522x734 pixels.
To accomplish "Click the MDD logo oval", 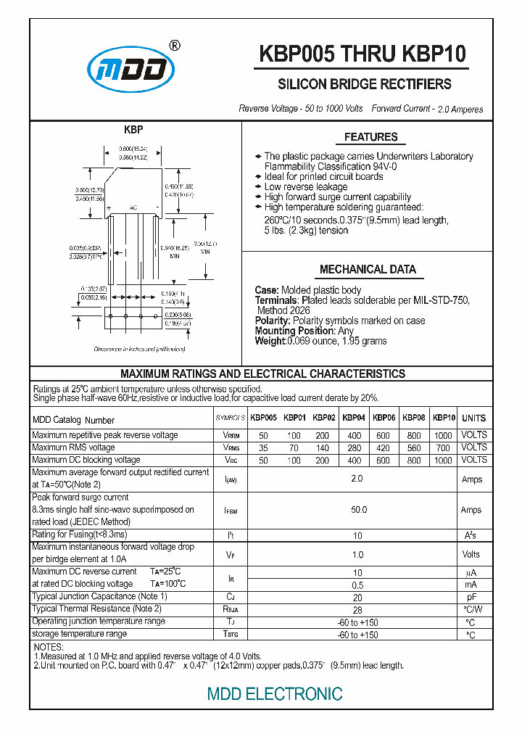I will point(130,70).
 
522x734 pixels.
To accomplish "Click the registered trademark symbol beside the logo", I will point(175,46).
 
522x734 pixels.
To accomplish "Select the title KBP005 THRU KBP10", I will point(362,54).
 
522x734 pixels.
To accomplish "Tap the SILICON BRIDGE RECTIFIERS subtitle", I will point(365,84).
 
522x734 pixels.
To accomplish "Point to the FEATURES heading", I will point(370,137).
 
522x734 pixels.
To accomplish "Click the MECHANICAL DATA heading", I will point(368,270).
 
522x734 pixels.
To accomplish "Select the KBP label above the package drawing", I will point(133,130).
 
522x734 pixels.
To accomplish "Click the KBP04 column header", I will point(354,418).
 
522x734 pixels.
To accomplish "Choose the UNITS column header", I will point(473,418).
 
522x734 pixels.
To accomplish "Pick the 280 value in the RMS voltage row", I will point(354,448).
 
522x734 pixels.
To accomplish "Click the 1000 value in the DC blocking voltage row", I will point(442,461).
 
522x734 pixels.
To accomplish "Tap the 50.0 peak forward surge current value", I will point(358,510).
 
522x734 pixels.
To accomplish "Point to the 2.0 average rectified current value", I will point(357,479).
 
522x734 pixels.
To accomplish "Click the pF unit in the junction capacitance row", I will point(471,597).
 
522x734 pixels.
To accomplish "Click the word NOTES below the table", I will point(49,647).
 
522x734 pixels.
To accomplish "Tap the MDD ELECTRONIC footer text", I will point(275,694).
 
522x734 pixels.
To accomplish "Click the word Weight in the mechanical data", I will point(270,341).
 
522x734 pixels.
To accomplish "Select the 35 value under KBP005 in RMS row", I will point(263,448).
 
